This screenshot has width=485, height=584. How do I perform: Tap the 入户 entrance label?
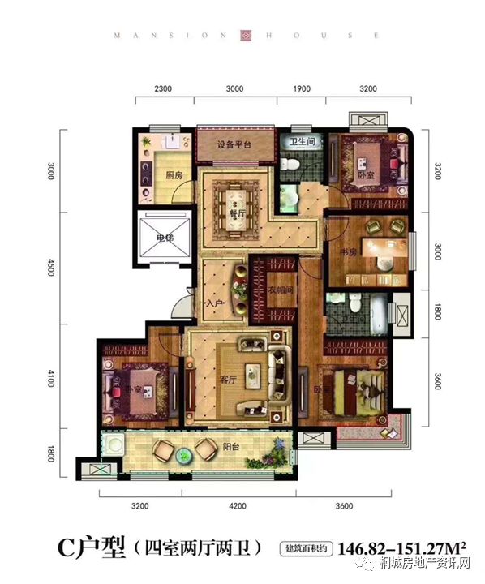click(x=213, y=303)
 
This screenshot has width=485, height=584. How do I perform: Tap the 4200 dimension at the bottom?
click(x=237, y=507)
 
